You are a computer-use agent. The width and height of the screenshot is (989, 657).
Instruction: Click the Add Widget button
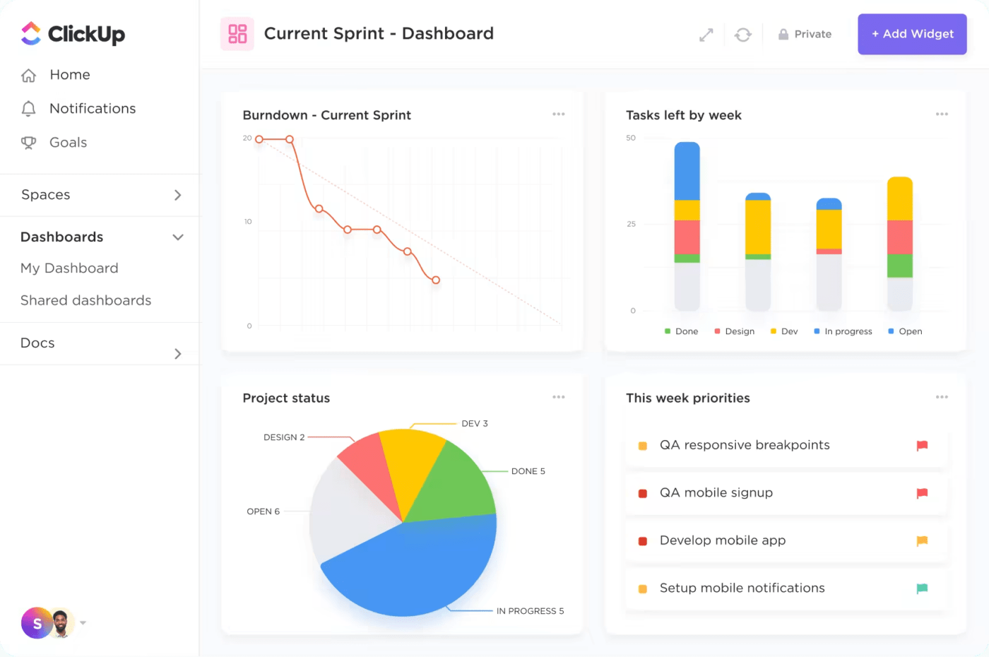(x=912, y=34)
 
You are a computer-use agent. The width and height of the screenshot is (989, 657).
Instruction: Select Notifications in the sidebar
(x=92, y=109)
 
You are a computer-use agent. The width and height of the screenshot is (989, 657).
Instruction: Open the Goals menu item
(x=68, y=143)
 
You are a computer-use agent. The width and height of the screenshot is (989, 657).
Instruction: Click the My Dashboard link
(x=69, y=268)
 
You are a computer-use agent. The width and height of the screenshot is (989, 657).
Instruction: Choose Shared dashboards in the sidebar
(x=85, y=301)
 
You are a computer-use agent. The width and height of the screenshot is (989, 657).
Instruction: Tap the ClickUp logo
(x=73, y=34)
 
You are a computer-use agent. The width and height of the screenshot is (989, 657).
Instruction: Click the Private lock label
(x=805, y=34)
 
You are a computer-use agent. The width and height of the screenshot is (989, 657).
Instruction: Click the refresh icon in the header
(x=742, y=35)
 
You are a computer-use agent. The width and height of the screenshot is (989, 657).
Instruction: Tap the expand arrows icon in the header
(x=706, y=35)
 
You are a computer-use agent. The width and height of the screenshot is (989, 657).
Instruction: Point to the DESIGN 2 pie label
(x=284, y=437)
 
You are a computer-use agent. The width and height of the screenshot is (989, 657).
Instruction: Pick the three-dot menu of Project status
(x=558, y=397)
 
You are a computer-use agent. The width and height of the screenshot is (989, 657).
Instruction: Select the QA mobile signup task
(x=716, y=493)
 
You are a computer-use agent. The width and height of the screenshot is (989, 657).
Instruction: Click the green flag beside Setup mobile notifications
(x=922, y=588)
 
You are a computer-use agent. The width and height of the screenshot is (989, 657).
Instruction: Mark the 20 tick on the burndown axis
(x=247, y=138)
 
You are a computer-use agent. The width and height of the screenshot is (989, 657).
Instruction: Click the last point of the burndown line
(x=436, y=280)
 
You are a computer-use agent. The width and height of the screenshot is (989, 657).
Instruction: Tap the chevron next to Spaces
(x=178, y=195)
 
